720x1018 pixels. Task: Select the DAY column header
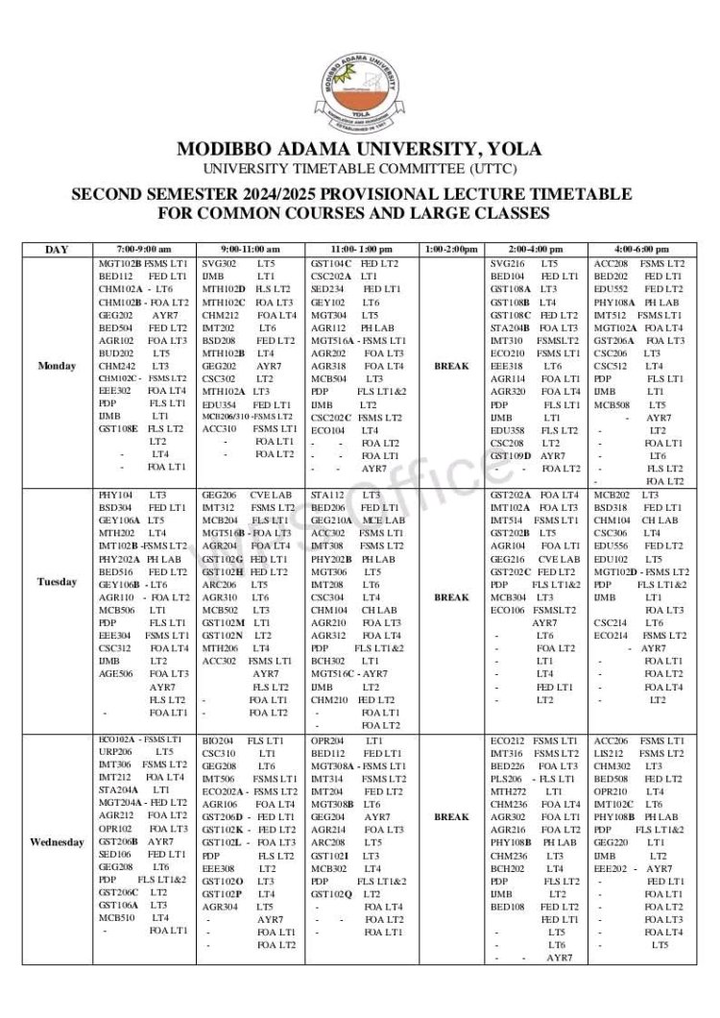(x=57, y=250)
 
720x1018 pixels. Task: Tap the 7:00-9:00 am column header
(x=145, y=250)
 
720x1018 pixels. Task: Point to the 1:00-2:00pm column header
(x=452, y=250)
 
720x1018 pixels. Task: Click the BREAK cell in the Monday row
(x=452, y=366)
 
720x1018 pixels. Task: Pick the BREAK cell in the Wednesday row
(x=452, y=817)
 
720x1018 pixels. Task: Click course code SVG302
(x=220, y=263)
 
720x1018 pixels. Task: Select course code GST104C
(x=331, y=263)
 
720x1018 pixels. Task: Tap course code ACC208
(x=612, y=263)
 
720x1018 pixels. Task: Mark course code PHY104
(x=115, y=495)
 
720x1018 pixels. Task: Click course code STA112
(x=327, y=495)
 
